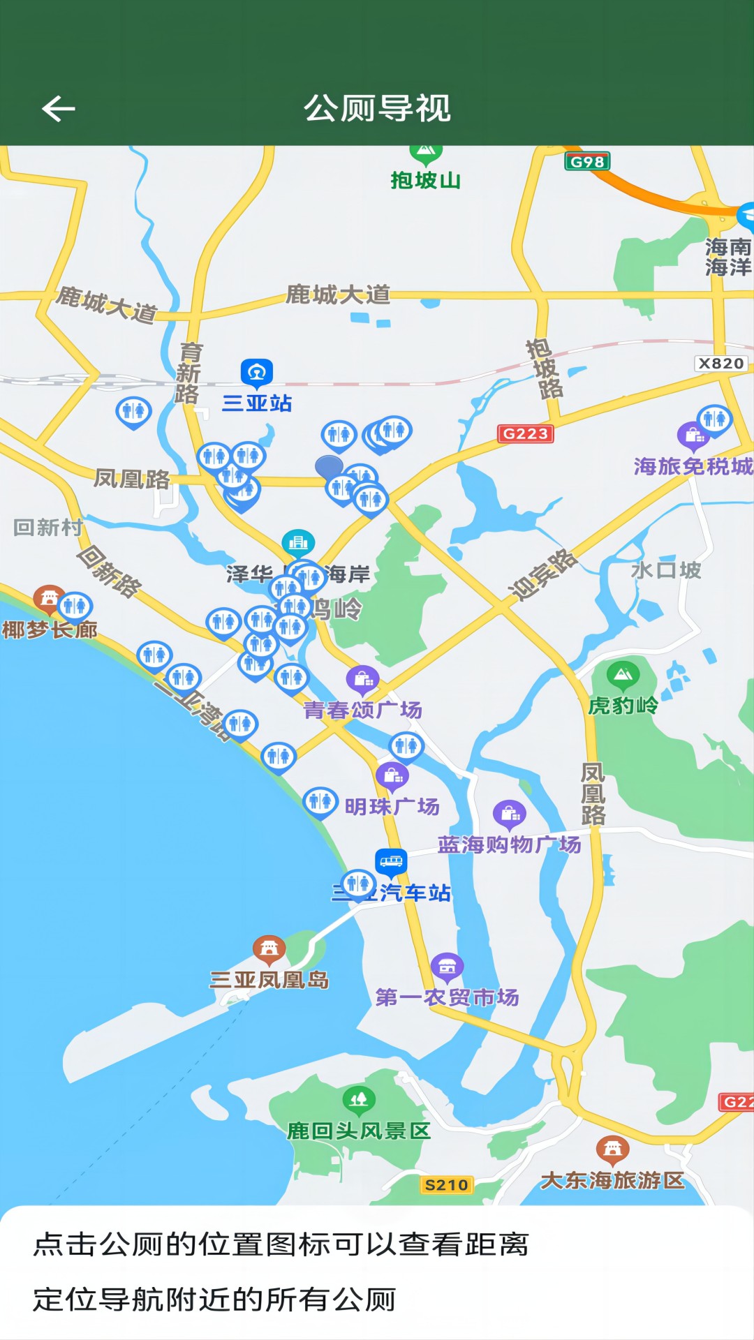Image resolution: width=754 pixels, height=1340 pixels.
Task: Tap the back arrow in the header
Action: click(x=59, y=108)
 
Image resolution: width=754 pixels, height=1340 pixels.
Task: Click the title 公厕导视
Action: click(x=377, y=108)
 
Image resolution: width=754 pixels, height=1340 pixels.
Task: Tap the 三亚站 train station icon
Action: click(x=256, y=373)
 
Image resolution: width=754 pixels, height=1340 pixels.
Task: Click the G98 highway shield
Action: click(x=587, y=162)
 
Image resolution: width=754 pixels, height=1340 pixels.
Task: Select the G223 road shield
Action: click(x=525, y=433)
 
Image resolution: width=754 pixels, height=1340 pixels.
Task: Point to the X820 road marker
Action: click(x=721, y=363)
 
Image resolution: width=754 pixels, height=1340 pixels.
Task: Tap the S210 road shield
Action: click(x=446, y=1184)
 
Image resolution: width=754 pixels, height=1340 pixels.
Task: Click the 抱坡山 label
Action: click(x=425, y=180)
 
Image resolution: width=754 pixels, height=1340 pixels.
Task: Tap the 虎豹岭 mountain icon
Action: click(x=623, y=675)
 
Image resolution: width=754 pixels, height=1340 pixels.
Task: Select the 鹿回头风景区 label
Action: click(x=359, y=1131)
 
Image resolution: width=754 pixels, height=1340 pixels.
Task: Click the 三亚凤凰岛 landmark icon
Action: click(x=269, y=949)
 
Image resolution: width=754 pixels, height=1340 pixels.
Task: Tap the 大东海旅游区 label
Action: click(x=612, y=1180)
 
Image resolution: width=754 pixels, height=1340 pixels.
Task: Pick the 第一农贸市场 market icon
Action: click(x=447, y=967)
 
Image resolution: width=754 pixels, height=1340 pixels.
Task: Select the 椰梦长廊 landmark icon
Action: click(x=49, y=598)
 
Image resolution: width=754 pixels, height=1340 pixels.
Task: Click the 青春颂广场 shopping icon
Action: click(x=362, y=678)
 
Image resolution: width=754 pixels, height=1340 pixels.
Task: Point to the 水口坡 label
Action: click(x=665, y=570)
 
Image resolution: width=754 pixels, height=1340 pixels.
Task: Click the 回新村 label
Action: click(x=48, y=527)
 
